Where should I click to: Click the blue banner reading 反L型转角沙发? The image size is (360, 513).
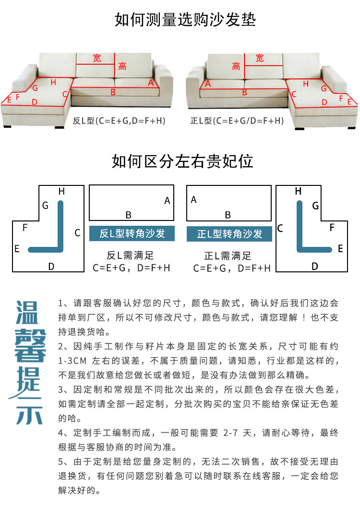pos(132,233)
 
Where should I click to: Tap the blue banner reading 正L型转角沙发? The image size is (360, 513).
pos(229,234)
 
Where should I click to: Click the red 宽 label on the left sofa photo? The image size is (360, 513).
pos(97,58)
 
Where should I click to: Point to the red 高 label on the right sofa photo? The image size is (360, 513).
pos(236,67)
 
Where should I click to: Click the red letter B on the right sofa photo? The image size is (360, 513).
pos(244,92)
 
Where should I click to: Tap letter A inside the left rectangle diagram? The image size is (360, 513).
pos(167,201)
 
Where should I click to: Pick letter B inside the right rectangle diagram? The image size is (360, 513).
pos(228,215)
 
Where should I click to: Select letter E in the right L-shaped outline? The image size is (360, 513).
pos(340,249)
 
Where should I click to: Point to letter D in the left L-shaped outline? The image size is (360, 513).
pos(51,266)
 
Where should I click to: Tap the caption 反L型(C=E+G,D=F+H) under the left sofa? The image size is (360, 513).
pos(119,121)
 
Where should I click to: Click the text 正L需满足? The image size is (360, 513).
pos(228,256)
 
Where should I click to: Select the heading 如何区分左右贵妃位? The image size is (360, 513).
pos(182,161)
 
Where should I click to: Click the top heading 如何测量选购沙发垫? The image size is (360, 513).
pos(185,20)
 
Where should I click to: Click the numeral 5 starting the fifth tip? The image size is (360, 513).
pos(61,462)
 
